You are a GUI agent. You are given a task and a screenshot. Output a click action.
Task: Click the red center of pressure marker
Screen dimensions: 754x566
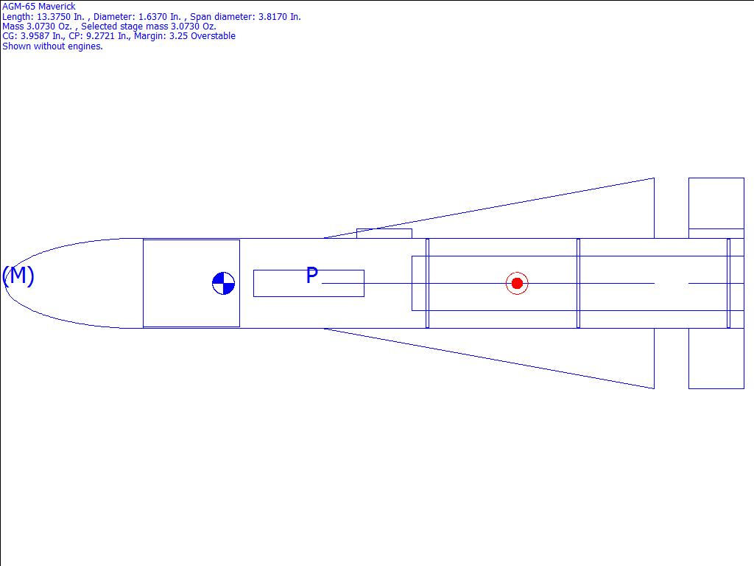[517, 284]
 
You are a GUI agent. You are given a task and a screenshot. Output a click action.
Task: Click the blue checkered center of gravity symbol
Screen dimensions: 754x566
[224, 284]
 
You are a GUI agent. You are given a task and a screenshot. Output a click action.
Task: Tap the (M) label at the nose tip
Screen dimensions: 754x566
[18, 276]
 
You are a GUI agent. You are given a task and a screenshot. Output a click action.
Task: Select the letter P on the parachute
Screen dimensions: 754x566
[312, 276]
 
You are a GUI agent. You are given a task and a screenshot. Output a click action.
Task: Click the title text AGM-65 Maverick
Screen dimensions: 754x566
[39, 7]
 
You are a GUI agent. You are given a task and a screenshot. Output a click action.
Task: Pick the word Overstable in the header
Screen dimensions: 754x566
[214, 36]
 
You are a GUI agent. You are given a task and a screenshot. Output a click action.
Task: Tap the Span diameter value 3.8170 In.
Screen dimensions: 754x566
[280, 17]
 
